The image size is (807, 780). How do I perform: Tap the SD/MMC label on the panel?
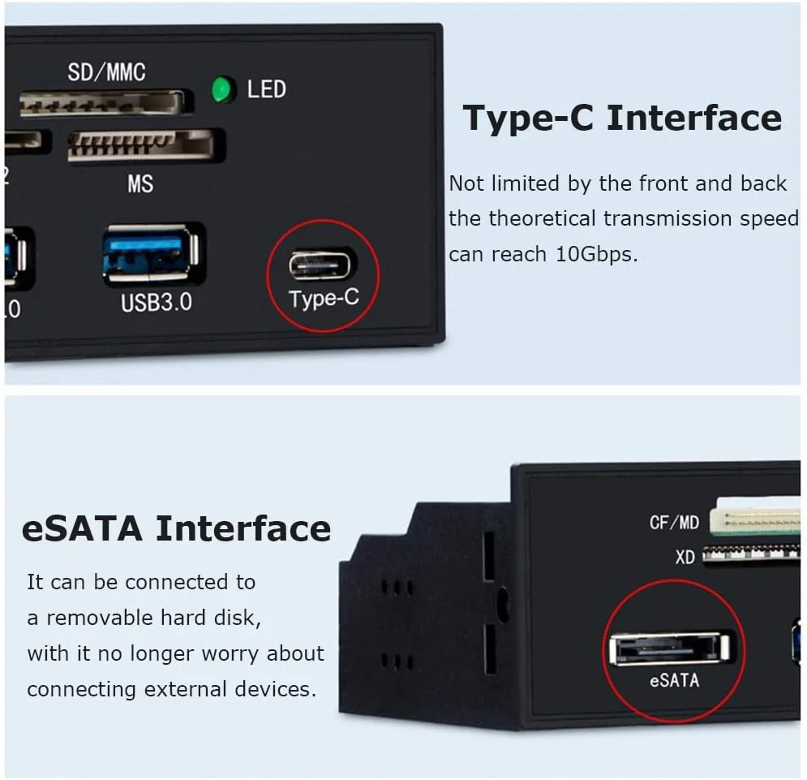pos(106,72)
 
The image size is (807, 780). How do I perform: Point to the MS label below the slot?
pos(140,184)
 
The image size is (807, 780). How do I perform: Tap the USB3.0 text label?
pos(156,303)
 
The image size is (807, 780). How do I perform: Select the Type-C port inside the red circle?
pos(323,265)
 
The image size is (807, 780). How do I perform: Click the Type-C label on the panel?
pos(324,298)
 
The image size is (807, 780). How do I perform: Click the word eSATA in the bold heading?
pos(82,528)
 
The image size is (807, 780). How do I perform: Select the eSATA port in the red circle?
pos(669,649)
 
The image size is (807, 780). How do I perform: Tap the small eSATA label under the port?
pos(673,681)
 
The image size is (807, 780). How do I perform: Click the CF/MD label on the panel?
pos(674,522)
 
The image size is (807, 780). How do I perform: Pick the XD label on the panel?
pos(685,557)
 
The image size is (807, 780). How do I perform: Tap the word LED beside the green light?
pos(266,89)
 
